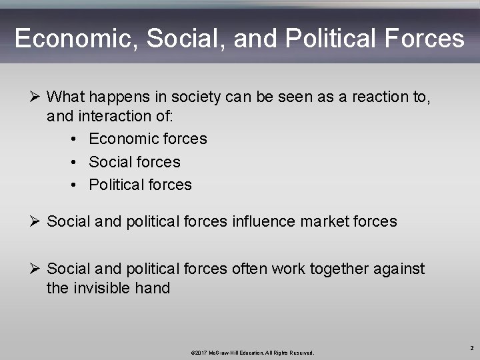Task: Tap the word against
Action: click(398, 269)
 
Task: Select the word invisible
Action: click(103, 288)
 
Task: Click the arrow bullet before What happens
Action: click(37, 97)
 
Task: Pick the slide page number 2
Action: click(471, 347)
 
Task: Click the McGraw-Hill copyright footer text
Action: click(252, 352)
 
